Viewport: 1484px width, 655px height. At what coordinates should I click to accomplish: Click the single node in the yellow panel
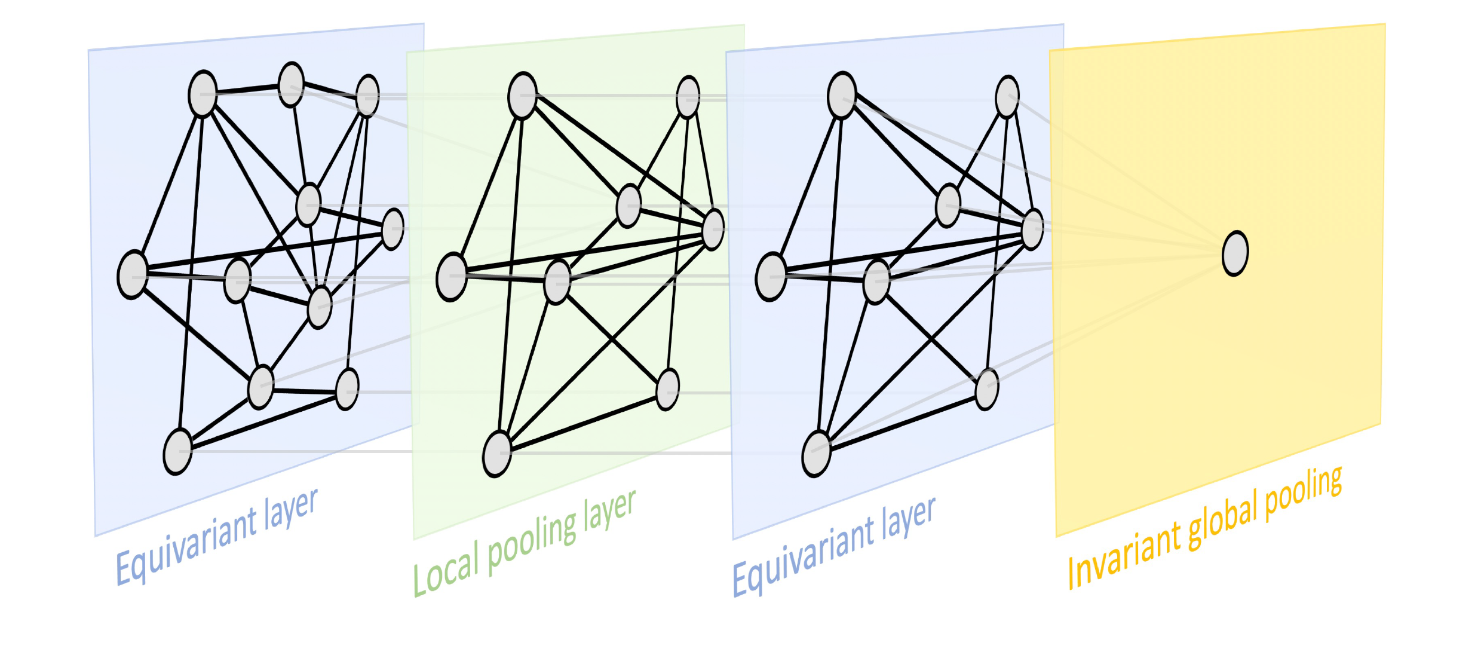point(1235,253)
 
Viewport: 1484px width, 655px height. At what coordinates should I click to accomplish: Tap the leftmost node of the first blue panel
point(133,275)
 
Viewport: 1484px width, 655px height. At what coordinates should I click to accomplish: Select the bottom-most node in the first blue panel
point(178,451)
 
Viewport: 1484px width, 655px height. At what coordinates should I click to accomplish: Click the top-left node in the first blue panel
point(203,94)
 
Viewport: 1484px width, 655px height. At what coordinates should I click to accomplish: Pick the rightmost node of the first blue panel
point(393,229)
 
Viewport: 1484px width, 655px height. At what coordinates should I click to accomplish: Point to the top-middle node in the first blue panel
point(292,85)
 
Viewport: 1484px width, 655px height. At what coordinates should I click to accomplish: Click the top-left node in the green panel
point(523,96)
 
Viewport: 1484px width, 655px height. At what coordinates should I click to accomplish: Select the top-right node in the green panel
point(688,97)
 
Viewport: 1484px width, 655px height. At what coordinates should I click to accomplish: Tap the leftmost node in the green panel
point(452,277)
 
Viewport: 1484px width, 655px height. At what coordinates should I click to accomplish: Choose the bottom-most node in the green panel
point(497,454)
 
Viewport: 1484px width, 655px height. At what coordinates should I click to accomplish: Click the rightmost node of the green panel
point(713,229)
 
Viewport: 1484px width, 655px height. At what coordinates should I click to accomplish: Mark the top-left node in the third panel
point(842,95)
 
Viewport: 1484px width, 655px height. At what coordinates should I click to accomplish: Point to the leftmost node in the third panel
point(771,277)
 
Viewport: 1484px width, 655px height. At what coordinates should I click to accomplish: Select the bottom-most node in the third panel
point(817,454)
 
